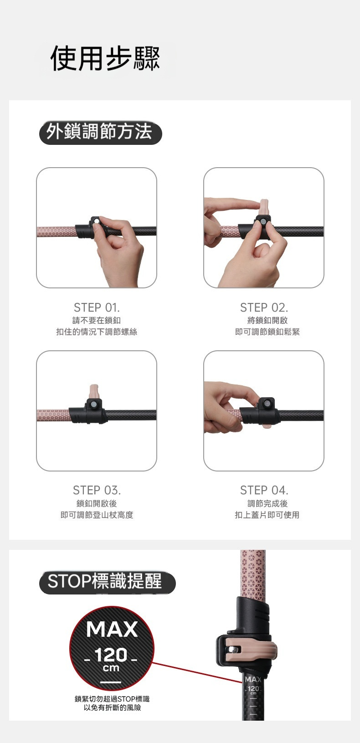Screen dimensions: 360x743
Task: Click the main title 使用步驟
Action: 105,58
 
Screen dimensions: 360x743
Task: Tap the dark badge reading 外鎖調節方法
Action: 101,133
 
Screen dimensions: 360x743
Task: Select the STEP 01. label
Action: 97,308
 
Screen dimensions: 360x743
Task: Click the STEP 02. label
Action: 264,308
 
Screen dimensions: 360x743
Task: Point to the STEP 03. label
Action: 97,490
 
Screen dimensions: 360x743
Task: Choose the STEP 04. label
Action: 264,490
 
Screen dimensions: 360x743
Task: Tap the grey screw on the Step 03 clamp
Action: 93,404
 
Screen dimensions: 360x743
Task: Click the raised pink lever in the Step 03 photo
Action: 94,392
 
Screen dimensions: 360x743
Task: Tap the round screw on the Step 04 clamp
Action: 267,404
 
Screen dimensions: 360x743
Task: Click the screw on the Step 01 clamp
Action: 97,221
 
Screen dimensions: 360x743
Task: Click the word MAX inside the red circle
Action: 112,629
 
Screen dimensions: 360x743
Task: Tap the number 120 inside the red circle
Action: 111,655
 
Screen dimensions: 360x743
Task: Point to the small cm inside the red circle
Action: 111,668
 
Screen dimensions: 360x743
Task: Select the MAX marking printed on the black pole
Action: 253,680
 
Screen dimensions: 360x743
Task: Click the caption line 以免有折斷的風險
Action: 112,707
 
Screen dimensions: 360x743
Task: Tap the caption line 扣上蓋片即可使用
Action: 267,515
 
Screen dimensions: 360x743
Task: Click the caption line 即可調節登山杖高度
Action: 97,515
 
